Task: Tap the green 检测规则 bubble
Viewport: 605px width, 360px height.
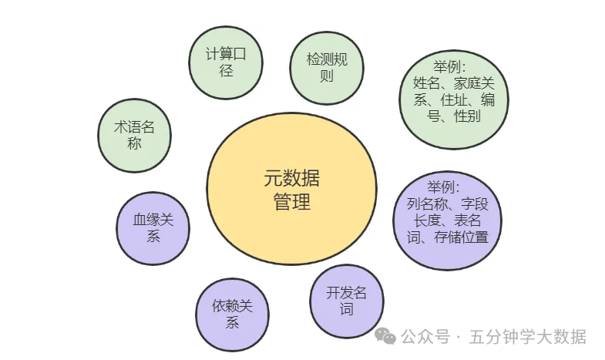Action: click(x=327, y=67)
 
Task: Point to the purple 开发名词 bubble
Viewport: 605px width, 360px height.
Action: click(x=346, y=301)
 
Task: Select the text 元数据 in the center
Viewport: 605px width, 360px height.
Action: click(x=291, y=180)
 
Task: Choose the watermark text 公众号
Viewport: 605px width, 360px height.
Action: click(x=425, y=337)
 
